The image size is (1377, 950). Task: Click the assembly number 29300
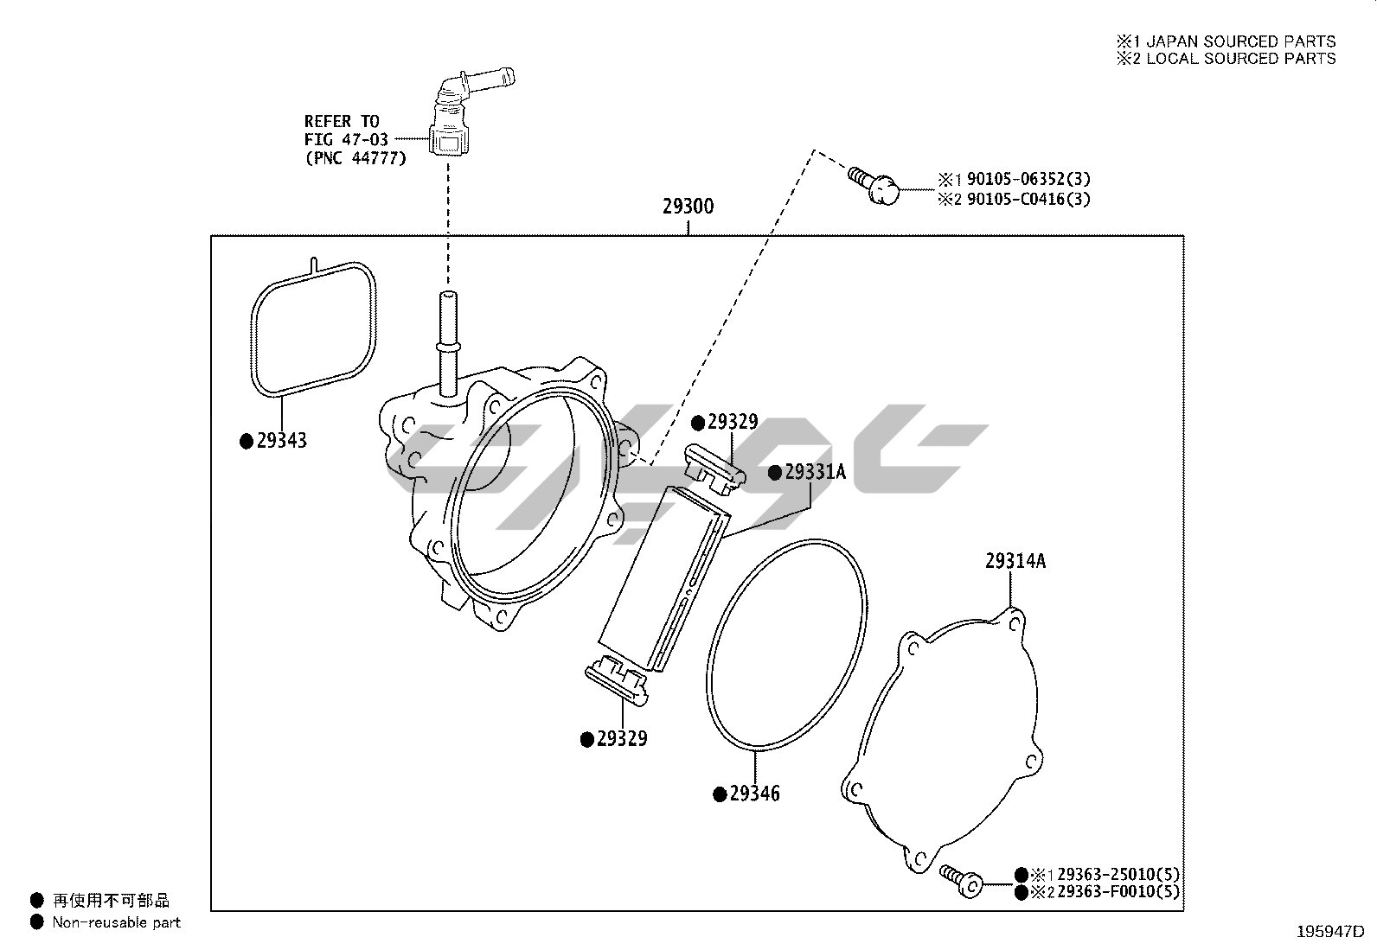(x=688, y=207)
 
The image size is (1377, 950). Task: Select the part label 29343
(x=281, y=441)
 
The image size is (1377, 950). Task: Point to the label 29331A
(x=814, y=472)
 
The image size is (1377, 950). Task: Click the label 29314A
(x=1015, y=561)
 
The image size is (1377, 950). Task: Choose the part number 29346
(x=754, y=794)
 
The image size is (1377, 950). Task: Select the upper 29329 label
(x=732, y=422)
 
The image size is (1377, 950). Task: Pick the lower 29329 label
(x=621, y=739)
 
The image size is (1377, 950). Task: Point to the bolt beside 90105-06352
(x=874, y=183)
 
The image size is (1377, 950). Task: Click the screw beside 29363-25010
(x=959, y=879)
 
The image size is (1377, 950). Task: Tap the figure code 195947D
(x=1329, y=932)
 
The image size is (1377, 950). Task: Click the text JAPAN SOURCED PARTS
(x=1241, y=41)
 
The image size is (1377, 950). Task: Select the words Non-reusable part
(x=117, y=922)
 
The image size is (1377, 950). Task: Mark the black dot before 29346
(x=719, y=794)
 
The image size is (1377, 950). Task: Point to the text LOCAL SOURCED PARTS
(x=1241, y=59)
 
